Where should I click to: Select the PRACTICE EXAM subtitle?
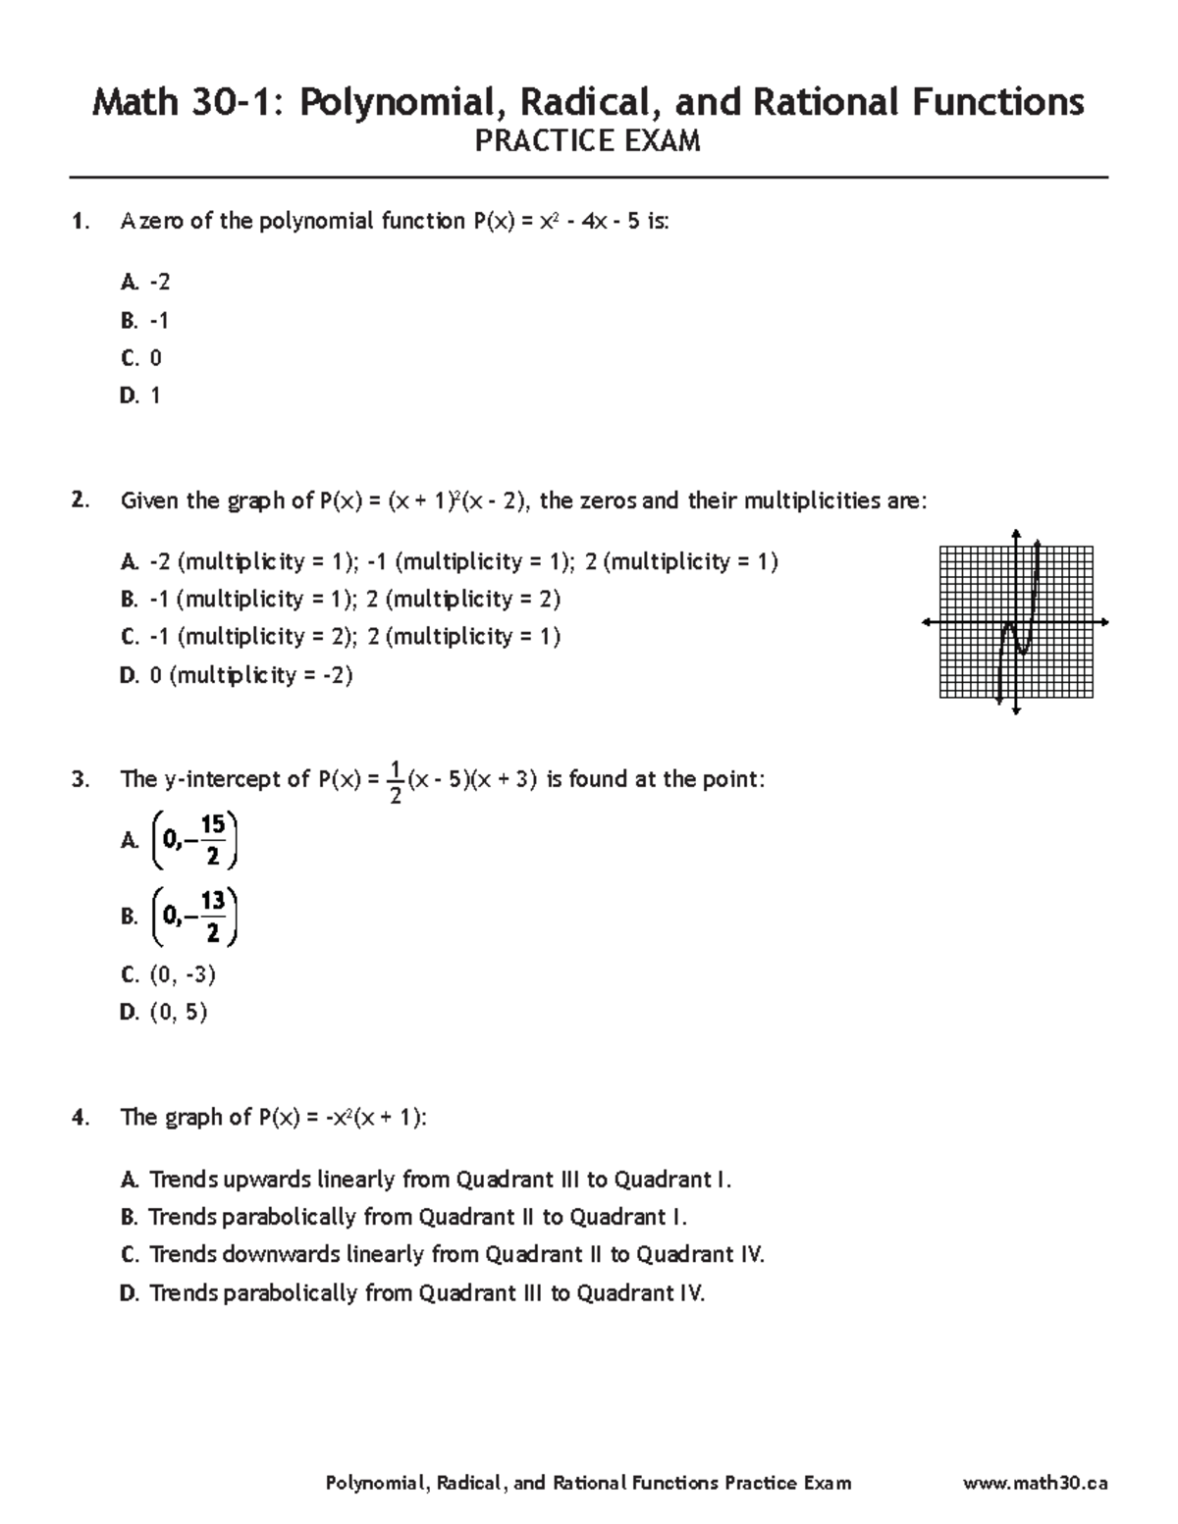point(587,142)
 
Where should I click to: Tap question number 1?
point(80,222)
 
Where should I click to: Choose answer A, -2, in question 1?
point(145,283)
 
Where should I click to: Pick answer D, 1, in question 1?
point(140,395)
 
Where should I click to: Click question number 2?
point(80,501)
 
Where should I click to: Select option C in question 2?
point(340,637)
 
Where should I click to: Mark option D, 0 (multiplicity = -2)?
point(236,675)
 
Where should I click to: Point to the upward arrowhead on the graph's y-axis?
point(1016,534)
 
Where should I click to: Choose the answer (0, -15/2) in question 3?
point(194,841)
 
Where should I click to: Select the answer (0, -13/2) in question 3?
point(194,917)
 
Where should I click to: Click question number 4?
point(80,1118)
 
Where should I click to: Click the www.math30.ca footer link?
point(1036,1483)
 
